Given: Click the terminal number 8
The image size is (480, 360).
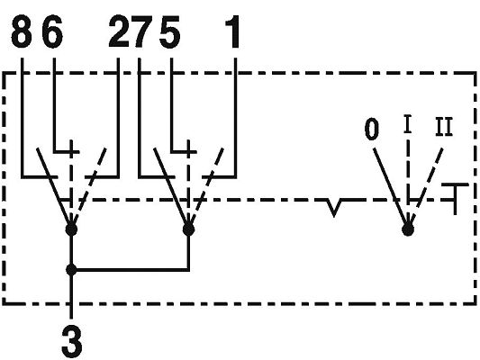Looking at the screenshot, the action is [22, 32].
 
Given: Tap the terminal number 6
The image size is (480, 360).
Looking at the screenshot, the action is [52, 32].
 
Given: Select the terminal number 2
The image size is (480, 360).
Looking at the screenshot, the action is [120, 32].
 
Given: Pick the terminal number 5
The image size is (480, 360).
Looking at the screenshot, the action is [169, 32].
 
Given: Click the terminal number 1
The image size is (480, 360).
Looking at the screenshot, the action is [232, 32].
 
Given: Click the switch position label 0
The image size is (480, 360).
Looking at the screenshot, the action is [372, 129].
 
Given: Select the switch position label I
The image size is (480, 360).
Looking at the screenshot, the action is [407, 124].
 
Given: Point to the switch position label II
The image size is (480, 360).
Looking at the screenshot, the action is [444, 127].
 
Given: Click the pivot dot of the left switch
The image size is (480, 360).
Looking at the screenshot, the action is [71, 229].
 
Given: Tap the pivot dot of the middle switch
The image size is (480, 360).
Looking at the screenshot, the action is [188, 229].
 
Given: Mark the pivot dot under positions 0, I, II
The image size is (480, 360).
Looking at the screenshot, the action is [408, 229].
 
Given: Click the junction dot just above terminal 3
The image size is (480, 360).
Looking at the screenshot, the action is [71, 270].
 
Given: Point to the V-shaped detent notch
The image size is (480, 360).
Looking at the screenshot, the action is [334, 208].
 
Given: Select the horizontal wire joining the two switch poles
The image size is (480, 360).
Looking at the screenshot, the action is [130, 270].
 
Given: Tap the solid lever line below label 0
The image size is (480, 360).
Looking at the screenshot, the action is [391, 186].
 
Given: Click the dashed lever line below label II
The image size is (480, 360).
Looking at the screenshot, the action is [427, 186].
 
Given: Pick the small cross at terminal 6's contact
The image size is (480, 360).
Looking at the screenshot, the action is [71, 151].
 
